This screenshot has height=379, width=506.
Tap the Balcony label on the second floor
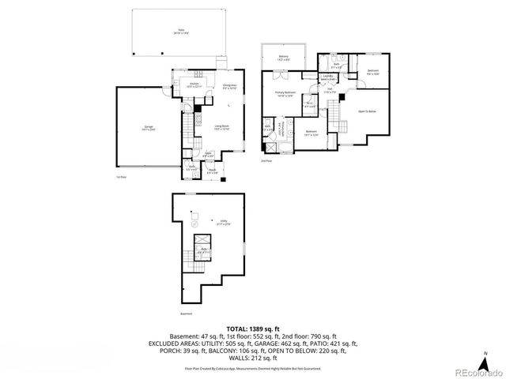point(283,58)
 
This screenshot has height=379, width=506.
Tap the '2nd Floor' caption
point(266,160)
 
